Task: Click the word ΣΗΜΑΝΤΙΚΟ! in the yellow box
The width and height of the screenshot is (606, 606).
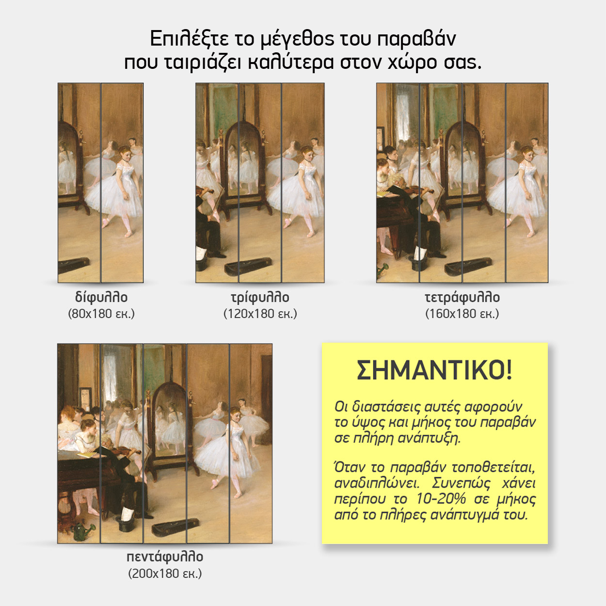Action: pyautogui.click(x=434, y=370)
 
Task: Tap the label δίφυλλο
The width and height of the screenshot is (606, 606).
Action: pyautogui.click(x=101, y=297)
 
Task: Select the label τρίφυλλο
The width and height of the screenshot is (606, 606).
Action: pyautogui.click(x=260, y=297)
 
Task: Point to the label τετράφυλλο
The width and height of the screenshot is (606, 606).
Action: pyautogui.click(x=462, y=297)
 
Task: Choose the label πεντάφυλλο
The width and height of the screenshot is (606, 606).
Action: pyautogui.click(x=165, y=557)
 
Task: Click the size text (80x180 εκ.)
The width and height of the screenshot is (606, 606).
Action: pyautogui.click(x=101, y=314)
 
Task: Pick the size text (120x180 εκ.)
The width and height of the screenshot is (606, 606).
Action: pyautogui.click(x=260, y=314)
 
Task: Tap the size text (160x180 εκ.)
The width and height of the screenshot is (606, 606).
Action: pyautogui.click(x=462, y=314)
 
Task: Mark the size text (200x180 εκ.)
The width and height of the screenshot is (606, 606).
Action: pyautogui.click(x=165, y=574)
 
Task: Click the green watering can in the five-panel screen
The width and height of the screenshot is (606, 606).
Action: pyautogui.click(x=83, y=531)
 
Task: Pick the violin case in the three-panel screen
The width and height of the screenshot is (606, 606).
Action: pyautogui.click(x=248, y=266)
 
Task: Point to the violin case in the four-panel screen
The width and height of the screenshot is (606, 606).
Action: pyautogui.click(x=468, y=266)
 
